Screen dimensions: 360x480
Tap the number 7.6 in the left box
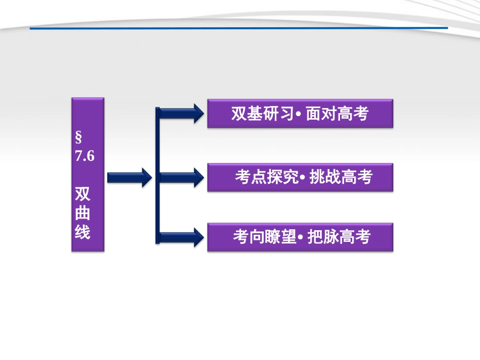85,156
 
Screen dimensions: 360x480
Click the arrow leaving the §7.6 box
129,177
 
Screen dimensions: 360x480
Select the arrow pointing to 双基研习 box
179,113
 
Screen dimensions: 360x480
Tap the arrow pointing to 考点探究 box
179,177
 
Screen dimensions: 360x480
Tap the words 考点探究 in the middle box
266,177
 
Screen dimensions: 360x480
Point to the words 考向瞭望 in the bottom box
264,237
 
